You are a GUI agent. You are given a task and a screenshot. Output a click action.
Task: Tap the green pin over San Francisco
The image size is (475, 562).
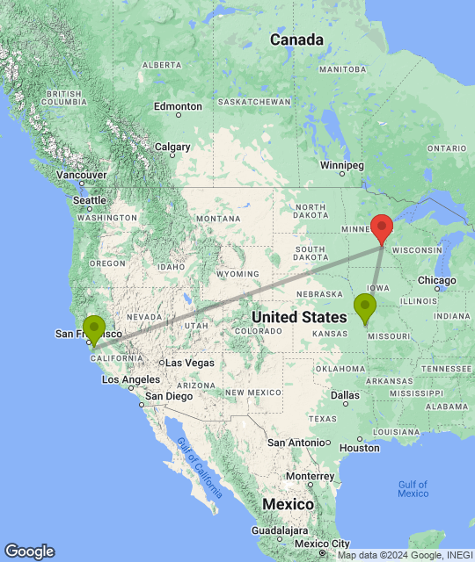[x=93, y=329]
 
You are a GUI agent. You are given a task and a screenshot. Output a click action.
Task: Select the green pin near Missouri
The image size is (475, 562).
[x=364, y=308]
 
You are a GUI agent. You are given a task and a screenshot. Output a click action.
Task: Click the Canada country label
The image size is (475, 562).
[x=296, y=40]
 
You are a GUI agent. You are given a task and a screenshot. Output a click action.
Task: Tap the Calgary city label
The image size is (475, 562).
[x=172, y=147]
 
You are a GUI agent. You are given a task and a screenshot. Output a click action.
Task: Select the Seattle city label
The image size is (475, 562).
[x=90, y=200]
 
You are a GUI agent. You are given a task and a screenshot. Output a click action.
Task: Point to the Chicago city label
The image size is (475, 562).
[x=438, y=281]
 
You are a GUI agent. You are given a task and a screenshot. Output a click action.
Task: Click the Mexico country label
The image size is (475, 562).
[x=289, y=505]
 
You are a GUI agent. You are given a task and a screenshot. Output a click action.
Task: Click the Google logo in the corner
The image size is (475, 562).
[x=29, y=551]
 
